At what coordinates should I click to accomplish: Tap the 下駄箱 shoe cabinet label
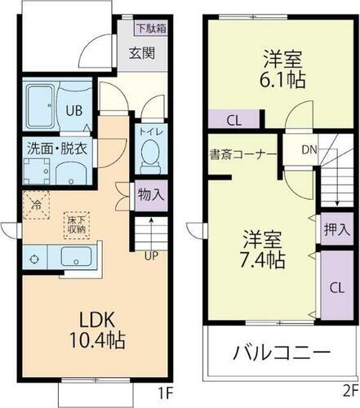click(x=151, y=29)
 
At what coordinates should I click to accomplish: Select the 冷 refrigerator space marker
click(x=35, y=204)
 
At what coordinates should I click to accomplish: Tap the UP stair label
click(x=151, y=255)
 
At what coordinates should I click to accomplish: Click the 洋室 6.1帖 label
click(x=282, y=69)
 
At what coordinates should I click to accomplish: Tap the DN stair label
click(x=309, y=150)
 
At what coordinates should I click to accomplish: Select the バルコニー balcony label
click(x=282, y=354)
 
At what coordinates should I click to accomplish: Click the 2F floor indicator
click(x=349, y=392)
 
